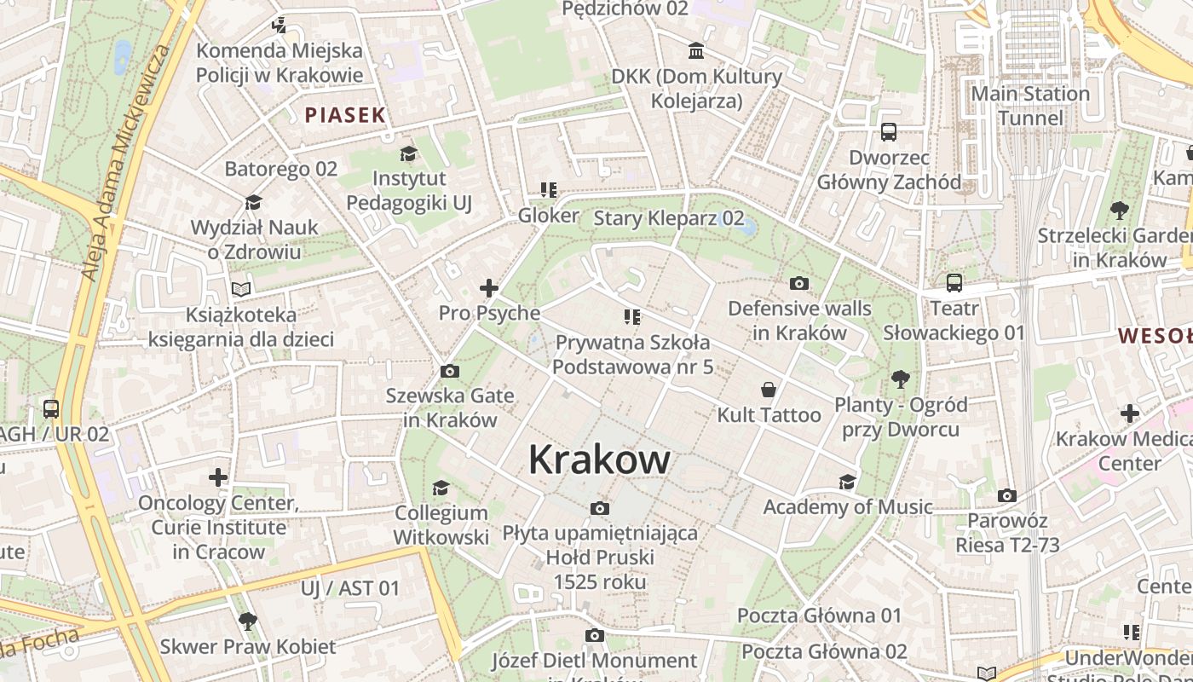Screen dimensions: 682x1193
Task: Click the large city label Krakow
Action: click(599, 459)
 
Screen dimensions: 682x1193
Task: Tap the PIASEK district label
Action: click(345, 115)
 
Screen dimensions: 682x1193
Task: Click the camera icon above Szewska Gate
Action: click(449, 371)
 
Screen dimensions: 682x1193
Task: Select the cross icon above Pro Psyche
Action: click(489, 288)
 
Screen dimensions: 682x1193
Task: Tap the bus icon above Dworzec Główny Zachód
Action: click(889, 132)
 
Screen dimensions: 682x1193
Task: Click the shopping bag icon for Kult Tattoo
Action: click(769, 390)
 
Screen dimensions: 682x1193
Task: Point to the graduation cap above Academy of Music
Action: click(847, 482)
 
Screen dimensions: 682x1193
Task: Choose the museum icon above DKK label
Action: click(696, 51)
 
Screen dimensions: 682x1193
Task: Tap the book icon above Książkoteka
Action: click(241, 289)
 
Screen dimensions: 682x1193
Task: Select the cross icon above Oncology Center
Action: click(218, 477)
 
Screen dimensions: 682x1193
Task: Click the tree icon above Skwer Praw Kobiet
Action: click(248, 621)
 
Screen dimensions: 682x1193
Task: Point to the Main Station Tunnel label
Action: click(1030, 105)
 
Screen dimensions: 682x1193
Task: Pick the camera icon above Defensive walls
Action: click(799, 283)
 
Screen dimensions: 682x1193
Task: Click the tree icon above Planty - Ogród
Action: click(900, 379)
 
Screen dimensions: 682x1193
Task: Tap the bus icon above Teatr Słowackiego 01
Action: click(954, 282)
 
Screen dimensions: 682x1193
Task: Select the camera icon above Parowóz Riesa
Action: click(1006, 495)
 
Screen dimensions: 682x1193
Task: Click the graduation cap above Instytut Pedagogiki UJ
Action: click(408, 153)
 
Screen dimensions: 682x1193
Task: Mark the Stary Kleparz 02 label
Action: click(669, 218)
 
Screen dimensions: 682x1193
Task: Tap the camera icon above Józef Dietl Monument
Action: click(595, 635)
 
